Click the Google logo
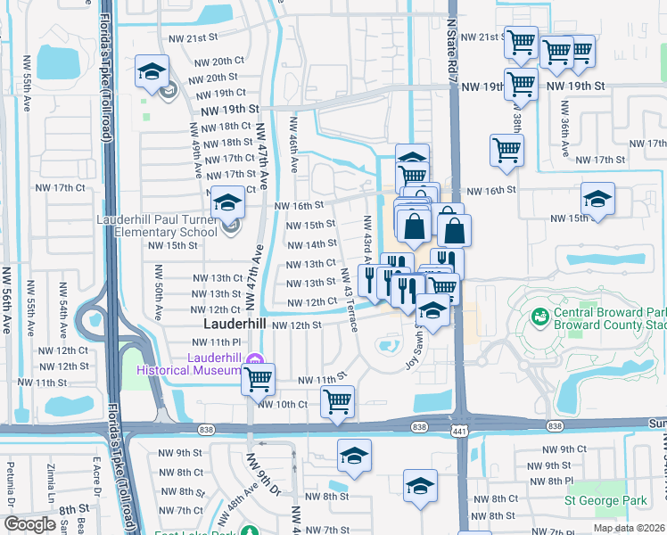(29, 524)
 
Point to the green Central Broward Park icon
(539, 317)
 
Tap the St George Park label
(606, 501)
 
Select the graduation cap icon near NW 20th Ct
(152, 71)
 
